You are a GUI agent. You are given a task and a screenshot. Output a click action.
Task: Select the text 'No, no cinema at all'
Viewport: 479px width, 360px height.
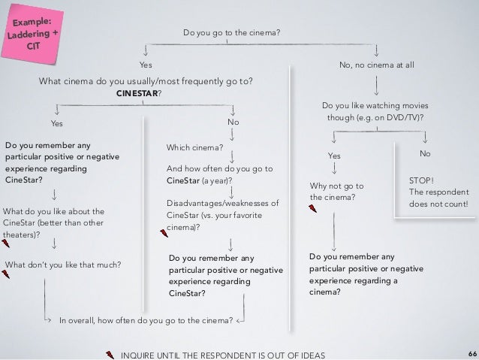pyautogui.click(x=377, y=66)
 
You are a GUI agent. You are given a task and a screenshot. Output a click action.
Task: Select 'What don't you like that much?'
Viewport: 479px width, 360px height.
pyautogui.click(x=63, y=264)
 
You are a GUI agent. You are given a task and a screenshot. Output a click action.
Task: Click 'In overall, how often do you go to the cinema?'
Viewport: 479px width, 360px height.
pyautogui.click(x=146, y=319)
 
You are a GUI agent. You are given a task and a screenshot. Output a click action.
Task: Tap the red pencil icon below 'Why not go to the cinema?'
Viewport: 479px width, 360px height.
pyautogui.click(x=313, y=208)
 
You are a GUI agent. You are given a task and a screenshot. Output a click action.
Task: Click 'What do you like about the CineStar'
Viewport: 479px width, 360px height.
pyautogui.click(x=54, y=223)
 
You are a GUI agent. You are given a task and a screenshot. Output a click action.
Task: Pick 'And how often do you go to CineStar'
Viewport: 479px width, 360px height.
pyautogui.click(x=218, y=175)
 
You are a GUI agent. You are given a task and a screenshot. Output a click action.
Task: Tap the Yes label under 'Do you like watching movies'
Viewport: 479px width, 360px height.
pyautogui.click(x=334, y=156)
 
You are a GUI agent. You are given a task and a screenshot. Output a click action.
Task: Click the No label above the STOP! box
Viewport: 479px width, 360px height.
pyautogui.click(x=426, y=153)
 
